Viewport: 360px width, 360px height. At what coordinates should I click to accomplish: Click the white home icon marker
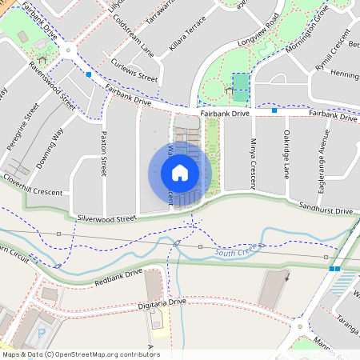pos(180,172)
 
